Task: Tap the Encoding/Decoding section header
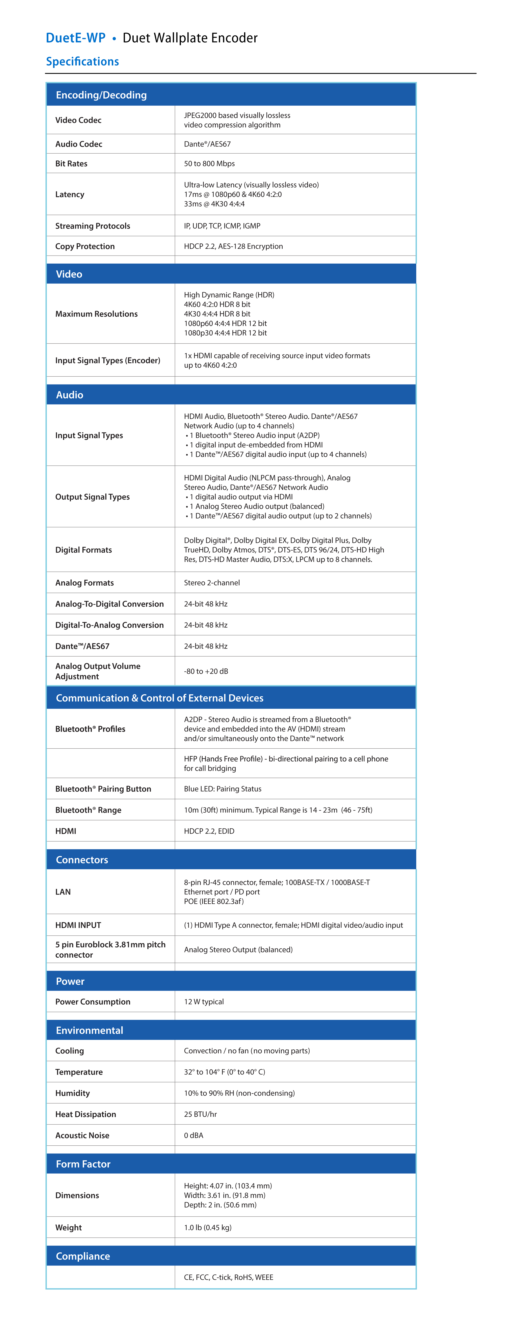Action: click(x=101, y=95)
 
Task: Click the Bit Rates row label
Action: click(x=71, y=164)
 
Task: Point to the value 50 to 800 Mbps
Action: click(x=209, y=164)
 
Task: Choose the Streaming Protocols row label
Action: click(x=93, y=226)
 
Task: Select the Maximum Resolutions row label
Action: click(x=96, y=314)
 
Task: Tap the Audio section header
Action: click(x=70, y=395)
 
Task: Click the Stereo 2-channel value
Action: click(x=212, y=583)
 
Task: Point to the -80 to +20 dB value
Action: click(x=206, y=671)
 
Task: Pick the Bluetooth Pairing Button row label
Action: click(x=103, y=789)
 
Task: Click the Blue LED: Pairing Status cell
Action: click(x=223, y=789)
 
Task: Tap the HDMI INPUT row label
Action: click(x=78, y=925)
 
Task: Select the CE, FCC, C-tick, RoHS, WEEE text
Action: click(x=228, y=1277)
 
